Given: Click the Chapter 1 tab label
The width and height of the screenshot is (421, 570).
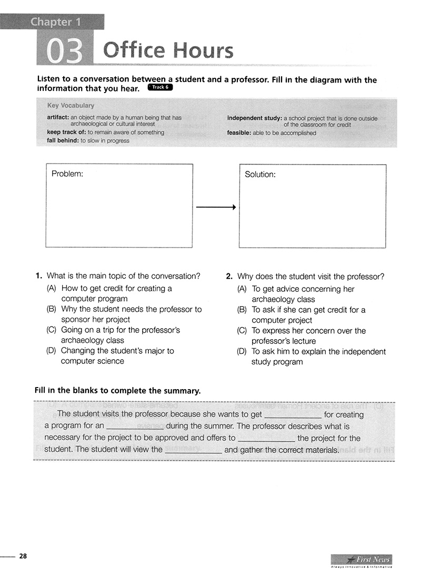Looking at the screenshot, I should coord(51,22).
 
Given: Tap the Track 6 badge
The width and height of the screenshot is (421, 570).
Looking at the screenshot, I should coord(160,87).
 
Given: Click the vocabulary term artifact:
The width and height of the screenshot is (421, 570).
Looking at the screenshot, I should coord(58,118).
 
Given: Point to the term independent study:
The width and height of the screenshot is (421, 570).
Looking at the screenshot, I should coord(254,118).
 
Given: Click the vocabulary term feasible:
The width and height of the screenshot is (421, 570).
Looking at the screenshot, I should coord(239,133).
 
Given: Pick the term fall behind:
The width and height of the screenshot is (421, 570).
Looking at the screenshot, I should coord(63,141).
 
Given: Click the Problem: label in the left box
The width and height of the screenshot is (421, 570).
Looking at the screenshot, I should coord(67,174).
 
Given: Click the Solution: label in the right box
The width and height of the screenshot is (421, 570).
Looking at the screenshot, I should coord(260,175).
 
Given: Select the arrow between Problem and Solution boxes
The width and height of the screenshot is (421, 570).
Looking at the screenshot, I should coord(215,208).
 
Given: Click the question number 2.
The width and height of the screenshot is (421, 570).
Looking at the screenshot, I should coord(229,276).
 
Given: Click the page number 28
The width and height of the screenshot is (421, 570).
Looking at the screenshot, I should coord(23,556).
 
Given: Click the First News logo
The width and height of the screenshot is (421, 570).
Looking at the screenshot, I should coord(362,560).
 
